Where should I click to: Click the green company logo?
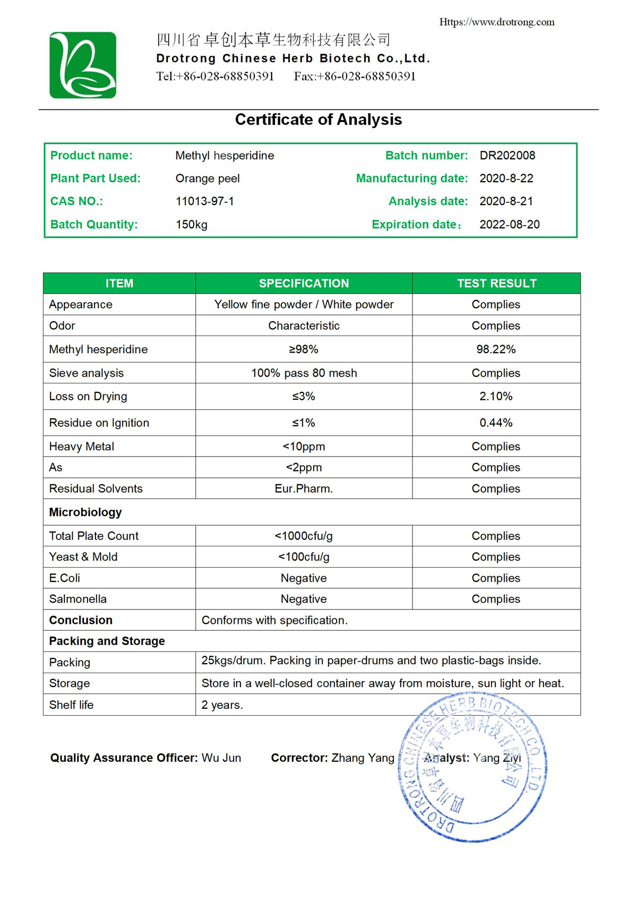click(83, 65)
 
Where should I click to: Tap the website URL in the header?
click(496, 22)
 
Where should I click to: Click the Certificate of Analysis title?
click(318, 119)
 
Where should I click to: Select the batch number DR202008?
click(507, 156)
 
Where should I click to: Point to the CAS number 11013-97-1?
click(204, 201)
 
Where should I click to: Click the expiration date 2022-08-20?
click(509, 225)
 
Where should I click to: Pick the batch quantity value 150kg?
click(191, 225)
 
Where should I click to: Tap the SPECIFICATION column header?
click(304, 284)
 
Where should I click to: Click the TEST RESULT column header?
click(496, 284)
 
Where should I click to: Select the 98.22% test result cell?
click(496, 349)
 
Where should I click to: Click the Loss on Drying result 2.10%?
click(496, 397)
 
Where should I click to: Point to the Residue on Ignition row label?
click(99, 423)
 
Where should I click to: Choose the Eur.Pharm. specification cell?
click(304, 488)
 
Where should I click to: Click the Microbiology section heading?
click(85, 512)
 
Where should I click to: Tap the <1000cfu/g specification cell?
click(304, 536)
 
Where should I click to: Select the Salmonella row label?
click(78, 599)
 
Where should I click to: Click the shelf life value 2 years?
click(222, 705)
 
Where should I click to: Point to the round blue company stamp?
click(472, 767)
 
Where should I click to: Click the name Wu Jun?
click(221, 758)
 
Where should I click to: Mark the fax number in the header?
click(355, 76)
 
